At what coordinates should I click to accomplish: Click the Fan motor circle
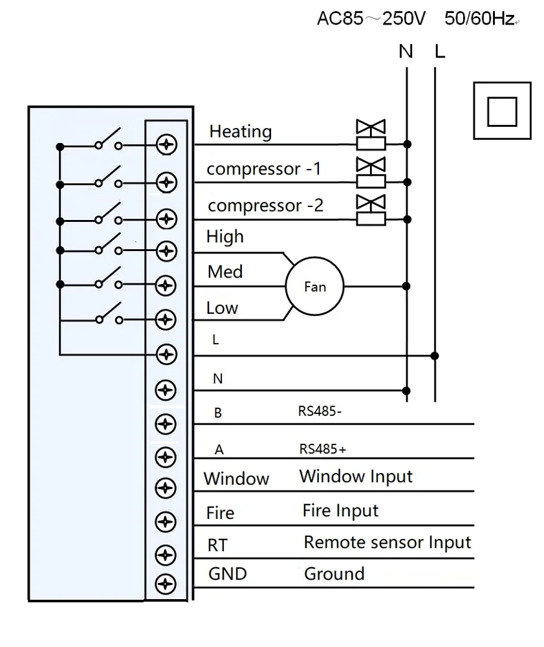[315, 286]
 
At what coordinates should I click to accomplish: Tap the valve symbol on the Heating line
[371, 135]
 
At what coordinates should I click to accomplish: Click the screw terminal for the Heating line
[167, 146]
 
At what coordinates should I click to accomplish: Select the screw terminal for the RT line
[167, 554]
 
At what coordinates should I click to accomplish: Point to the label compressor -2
[265, 206]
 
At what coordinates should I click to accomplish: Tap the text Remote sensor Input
[387, 542]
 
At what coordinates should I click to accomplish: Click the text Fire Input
[340, 511]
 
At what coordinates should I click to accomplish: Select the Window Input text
[356, 477]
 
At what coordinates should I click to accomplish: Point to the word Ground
[334, 573]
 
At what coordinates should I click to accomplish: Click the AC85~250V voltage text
[371, 19]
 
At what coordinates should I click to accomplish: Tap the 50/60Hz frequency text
[480, 19]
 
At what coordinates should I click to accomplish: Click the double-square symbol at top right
[502, 111]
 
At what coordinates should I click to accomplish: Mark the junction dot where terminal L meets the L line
[435, 355]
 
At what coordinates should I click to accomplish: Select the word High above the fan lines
[225, 237]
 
